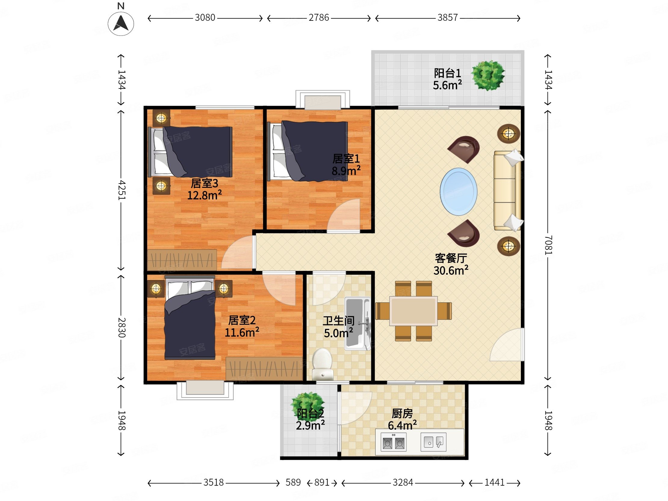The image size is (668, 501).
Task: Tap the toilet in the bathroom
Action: pos(322,364)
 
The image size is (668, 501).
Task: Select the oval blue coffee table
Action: pos(459,192)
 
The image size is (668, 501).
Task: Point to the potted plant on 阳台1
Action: pos(488,76)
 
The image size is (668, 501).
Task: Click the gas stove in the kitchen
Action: pos(394,442)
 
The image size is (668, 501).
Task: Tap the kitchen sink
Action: pos(433,442)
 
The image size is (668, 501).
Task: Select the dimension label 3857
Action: pos(447,18)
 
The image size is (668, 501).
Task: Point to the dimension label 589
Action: pos(293,482)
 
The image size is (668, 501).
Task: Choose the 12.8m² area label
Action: pos(204,195)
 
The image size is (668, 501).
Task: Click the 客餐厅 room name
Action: pos(451,258)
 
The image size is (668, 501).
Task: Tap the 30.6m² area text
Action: pos(451,270)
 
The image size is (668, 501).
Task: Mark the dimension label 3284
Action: pos(403,482)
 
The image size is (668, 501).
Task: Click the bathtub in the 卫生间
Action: pos(357,323)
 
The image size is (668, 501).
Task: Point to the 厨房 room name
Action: pos(402,413)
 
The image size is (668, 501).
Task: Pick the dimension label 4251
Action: pos(121,190)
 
